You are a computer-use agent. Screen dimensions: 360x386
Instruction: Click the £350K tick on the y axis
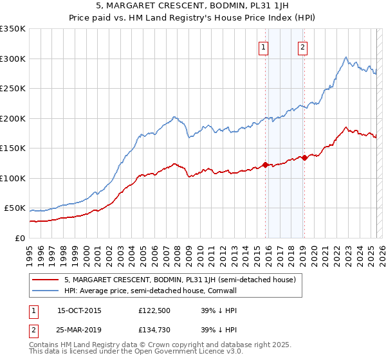[x=13, y=29]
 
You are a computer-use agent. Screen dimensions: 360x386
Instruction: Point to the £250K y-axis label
[x=13, y=89]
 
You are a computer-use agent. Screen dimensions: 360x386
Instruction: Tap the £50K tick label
[x=15, y=208]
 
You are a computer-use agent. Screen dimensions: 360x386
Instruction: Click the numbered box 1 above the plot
[x=264, y=47]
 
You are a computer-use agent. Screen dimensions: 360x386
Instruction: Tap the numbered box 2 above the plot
[x=302, y=47]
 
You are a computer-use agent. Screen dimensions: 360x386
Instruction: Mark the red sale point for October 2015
[x=265, y=165]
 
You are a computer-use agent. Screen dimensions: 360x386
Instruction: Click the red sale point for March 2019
[x=304, y=158]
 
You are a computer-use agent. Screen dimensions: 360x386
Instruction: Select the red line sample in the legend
[x=46, y=280]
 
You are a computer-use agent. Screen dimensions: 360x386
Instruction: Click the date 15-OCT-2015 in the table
[x=79, y=311]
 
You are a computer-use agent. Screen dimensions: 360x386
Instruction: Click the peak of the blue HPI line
[x=346, y=57]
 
